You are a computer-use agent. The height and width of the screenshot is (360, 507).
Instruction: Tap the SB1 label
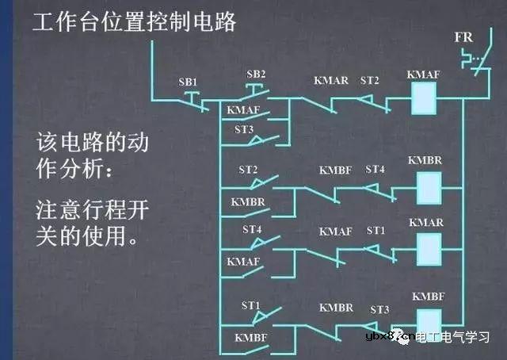(189, 82)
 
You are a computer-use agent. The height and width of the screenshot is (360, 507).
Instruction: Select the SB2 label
(256, 75)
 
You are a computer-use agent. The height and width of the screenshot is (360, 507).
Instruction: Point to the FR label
(464, 38)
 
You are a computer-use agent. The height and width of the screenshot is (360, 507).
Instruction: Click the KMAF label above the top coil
(422, 75)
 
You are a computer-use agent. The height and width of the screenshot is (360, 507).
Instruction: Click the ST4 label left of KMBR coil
(375, 169)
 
